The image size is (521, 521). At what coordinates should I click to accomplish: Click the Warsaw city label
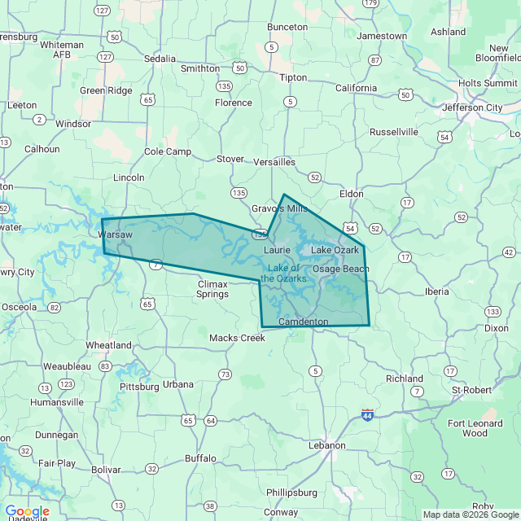pos(115,234)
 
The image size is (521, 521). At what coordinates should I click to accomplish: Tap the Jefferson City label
pos(472,107)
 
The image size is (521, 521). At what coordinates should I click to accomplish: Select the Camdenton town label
pos(303,322)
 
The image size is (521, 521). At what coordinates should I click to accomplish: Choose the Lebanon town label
pos(326,445)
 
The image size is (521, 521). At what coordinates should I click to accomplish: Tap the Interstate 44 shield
pos(368,414)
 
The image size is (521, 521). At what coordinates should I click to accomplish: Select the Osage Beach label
pos(341,269)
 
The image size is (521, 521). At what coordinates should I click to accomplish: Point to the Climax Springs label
pos(212,289)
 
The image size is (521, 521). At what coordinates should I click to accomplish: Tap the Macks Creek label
pos(237,338)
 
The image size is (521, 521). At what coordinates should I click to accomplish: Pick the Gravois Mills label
pos(279,208)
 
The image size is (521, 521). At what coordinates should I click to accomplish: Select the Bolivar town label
pos(106,470)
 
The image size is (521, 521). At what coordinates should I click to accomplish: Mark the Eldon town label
pos(351,194)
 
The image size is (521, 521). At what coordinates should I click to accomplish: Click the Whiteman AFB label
pos(62,50)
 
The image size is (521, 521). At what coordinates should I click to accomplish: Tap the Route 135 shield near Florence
pos(223,85)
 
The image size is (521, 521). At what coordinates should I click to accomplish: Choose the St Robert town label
pos(472,390)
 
